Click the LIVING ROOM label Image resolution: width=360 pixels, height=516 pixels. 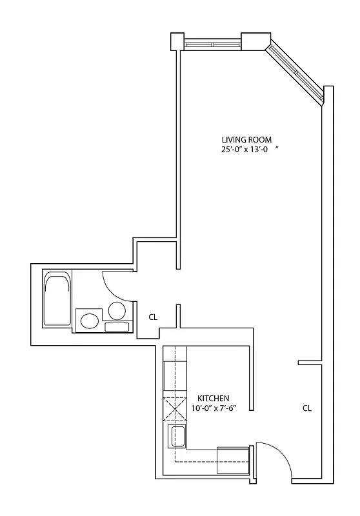pyautogui.click(x=246, y=139)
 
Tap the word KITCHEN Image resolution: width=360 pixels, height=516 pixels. pyautogui.click(x=214, y=399)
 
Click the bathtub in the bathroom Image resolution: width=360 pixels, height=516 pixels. pyautogui.click(x=57, y=299)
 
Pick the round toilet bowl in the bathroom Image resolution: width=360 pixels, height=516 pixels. pyautogui.click(x=117, y=311)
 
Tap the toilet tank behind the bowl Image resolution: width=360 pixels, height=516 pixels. pyautogui.click(x=117, y=326)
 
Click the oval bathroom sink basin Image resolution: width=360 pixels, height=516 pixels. pyautogui.click(x=89, y=320)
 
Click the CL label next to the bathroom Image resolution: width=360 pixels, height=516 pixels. pyautogui.click(x=154, y=317)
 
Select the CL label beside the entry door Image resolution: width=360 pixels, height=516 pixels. pyautogui.click(x=307, y=408)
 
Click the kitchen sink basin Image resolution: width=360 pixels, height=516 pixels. pyautogui.click(x=176, y=436)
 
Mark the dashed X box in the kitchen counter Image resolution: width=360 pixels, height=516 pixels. pyautogui.click(x=174, y=408)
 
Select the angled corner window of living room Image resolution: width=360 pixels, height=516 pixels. pyautogui.click(x=296, y=70)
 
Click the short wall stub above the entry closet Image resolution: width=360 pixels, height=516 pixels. pyautogui.click(x=310, y=362)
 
